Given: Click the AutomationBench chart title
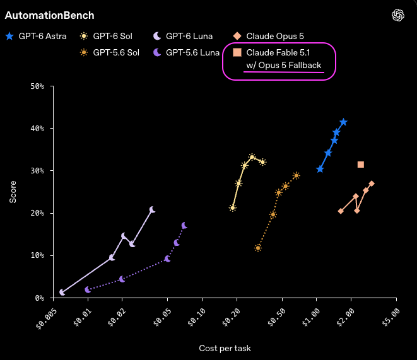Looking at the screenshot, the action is pos(49,15).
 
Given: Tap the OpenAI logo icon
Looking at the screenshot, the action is pos(398,15).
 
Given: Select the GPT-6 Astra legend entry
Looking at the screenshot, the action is pos(36,36).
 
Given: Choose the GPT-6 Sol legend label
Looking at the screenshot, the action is pos(112,36).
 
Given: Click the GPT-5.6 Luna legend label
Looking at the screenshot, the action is pos(192,52).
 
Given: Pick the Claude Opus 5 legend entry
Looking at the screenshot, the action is pos(268,36).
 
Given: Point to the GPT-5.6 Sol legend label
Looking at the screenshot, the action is pos(116,52).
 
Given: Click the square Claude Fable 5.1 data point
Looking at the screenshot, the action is pos(361,165).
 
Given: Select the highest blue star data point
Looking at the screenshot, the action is pos(343,122).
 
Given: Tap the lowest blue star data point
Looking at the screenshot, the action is pos(320,169).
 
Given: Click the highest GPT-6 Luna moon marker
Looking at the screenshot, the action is pos(152,210).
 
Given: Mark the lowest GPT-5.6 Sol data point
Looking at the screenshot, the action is pos(257,248).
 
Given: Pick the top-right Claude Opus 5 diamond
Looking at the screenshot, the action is pos(372,183).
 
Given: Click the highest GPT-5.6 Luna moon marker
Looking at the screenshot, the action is pos(184,226).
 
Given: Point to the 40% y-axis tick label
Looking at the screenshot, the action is pos(37,129).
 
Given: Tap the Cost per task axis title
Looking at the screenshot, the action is pos(225,348).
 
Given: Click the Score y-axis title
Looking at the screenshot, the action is pos(13,192).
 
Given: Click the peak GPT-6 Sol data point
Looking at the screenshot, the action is pos(252,157).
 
